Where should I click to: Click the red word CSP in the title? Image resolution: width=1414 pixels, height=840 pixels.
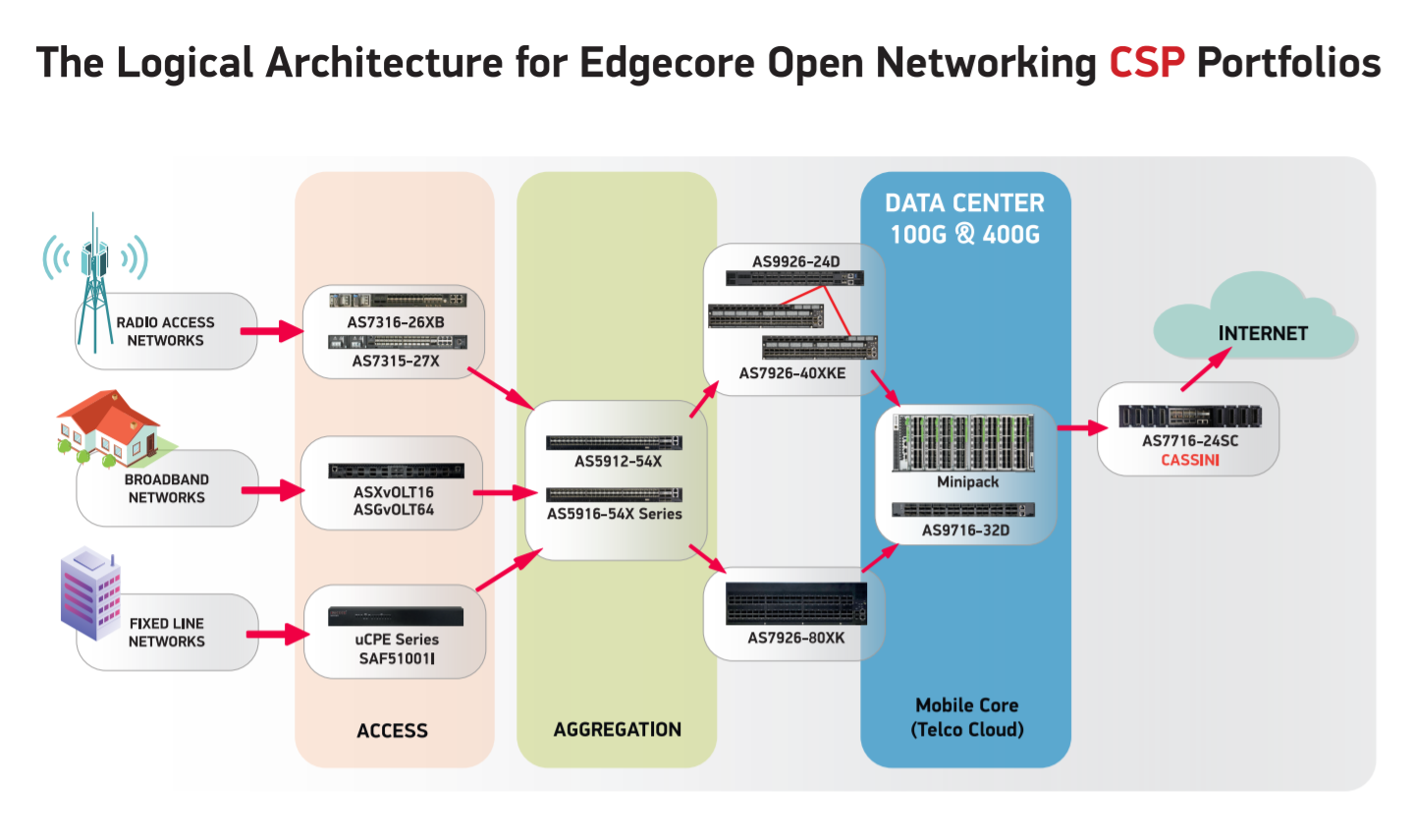1146,63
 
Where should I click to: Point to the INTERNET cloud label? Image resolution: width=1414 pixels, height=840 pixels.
1263,333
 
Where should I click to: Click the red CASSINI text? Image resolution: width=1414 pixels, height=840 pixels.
1190,460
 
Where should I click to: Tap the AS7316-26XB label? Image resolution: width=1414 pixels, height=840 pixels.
396,322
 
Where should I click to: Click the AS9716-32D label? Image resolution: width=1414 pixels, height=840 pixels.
965,531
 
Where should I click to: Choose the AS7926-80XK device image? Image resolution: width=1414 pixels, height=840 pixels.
795,603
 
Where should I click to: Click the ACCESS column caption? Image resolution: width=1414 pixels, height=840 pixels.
392,730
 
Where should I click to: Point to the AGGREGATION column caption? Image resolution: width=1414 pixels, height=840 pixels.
617,729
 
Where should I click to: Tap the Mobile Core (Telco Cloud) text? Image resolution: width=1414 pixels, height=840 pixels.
966,717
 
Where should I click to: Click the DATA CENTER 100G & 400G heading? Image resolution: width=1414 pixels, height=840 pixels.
964,218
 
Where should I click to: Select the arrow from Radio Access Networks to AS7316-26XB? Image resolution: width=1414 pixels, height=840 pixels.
272,331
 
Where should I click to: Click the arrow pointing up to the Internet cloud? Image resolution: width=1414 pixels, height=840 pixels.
1205,369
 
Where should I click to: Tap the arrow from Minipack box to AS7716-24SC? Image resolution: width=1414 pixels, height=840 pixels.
1081,428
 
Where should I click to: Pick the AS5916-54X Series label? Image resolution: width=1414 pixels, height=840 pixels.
614,514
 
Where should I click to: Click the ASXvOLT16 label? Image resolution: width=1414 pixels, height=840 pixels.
394,492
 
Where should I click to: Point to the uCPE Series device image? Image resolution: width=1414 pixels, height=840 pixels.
396,616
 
